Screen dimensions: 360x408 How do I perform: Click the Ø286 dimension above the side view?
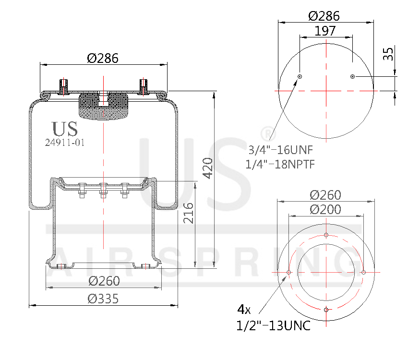(x=103, y=58)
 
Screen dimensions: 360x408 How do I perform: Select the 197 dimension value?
(x=325, y=31)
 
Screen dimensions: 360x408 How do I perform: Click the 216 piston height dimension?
(x=189, y=214)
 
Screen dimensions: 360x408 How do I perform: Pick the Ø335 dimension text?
(x=103, y=299)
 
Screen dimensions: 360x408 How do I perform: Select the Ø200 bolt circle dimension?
(x=325, y=210)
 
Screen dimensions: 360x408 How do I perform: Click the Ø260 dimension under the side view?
(x=103, y=281)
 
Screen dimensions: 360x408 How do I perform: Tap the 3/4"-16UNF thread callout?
(x=281, y=149)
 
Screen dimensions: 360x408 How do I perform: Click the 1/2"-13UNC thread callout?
(x=273, y=326)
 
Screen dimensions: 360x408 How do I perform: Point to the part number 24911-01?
(x=64, y=143)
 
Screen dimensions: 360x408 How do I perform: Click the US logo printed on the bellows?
(x=64, y=129)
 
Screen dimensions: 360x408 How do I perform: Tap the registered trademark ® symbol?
(x=265, y=132)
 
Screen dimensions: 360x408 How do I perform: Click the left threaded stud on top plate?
(x=63, y=86)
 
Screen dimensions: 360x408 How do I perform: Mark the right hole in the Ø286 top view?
(x=352, y=76)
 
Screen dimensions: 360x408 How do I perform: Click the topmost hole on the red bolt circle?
(x=326, y=235)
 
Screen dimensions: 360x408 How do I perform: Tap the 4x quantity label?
(x=244, y=308)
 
